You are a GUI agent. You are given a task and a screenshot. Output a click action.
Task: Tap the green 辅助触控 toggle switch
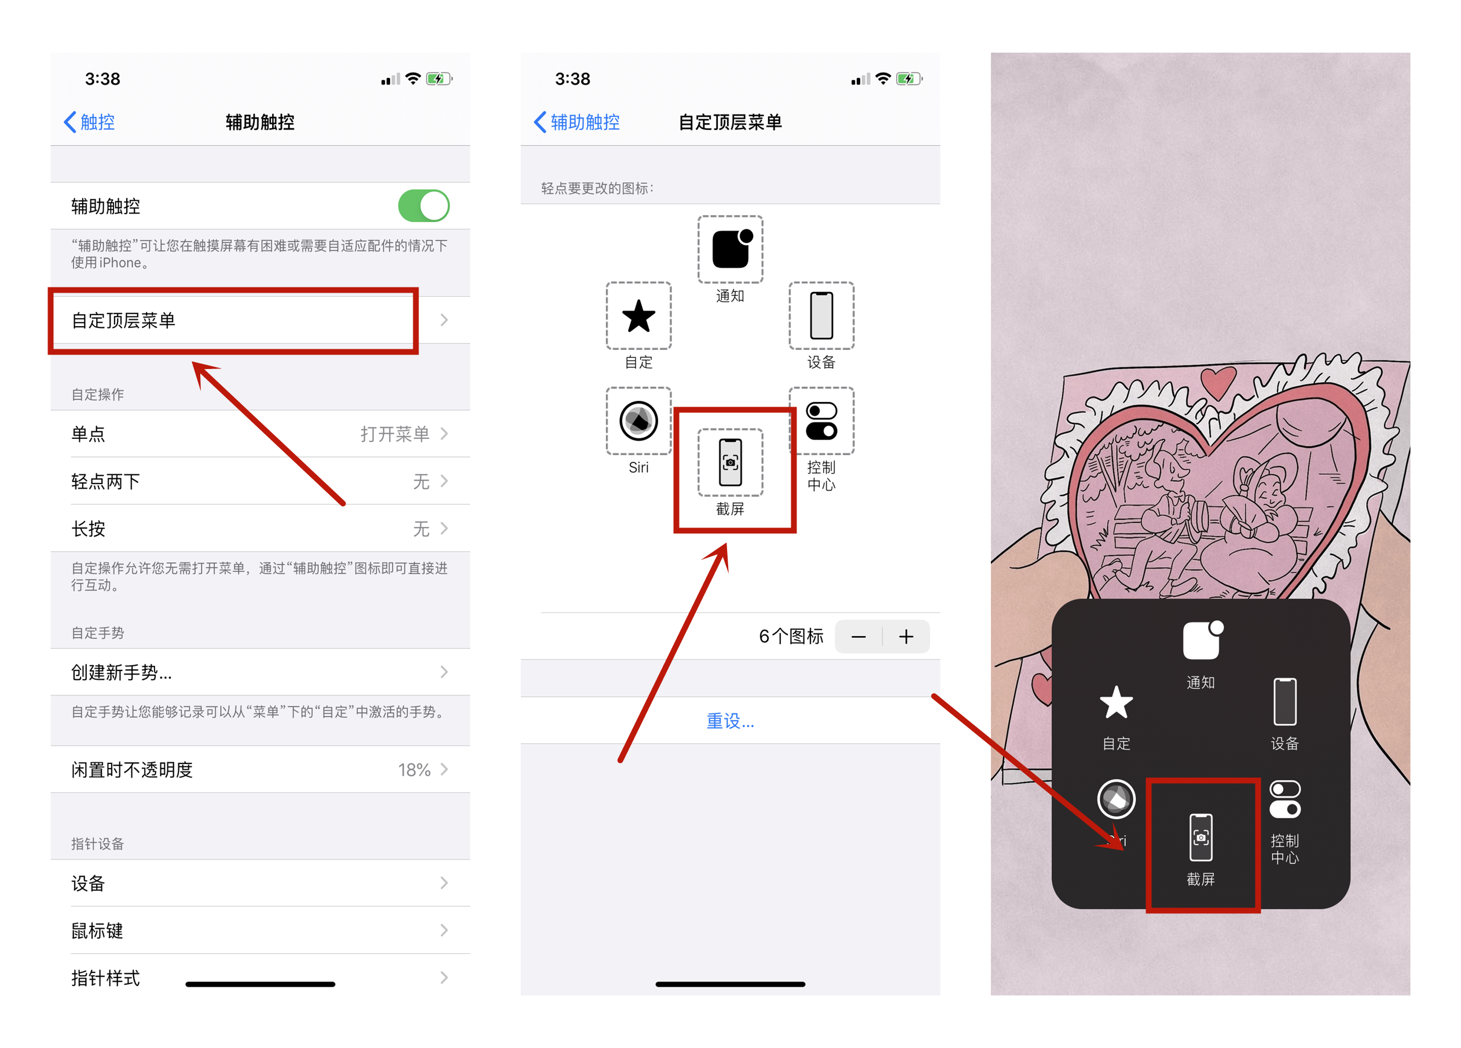tap(423, 206)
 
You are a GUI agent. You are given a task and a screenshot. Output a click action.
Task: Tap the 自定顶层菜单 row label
tap(123, 320)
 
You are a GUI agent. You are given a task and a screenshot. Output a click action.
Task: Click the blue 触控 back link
tap(90, 121)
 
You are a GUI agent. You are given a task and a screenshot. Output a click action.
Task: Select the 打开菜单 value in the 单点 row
tap(394, 434)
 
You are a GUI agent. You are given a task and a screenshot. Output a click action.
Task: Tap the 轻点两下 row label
tap(106, 482)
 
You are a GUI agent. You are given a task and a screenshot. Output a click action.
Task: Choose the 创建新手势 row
tap(121, 672)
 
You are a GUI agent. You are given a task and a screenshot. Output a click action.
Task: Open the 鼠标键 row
tap(97, 930)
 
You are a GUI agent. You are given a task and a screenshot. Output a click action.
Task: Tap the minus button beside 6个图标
tap(858, 637)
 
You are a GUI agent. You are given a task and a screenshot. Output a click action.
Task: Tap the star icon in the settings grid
tap(638, 316)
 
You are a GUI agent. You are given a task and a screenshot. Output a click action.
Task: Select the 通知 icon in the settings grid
tap(730, 249)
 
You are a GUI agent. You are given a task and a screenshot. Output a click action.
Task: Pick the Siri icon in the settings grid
tap(638, 421)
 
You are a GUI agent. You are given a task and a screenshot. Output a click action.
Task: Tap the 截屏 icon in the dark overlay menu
tap(1200, 837)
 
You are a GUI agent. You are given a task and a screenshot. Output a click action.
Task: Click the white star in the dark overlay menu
tap(1115, 702)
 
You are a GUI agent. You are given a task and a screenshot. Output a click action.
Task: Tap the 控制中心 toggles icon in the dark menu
tap(1284, 799)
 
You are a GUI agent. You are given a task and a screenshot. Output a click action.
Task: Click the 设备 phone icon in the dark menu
tap(1284, 702)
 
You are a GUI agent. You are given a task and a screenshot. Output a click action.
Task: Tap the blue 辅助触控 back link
tap(577, 121)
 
